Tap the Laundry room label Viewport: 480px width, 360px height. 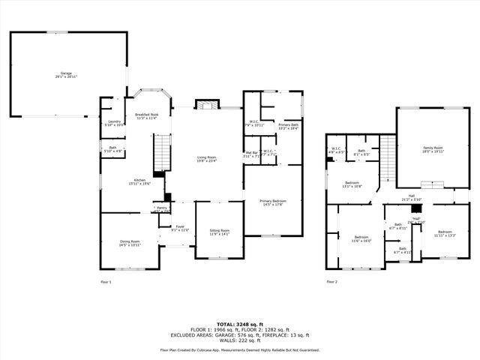tap(115, 122)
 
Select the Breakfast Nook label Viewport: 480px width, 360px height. tap(146, 116)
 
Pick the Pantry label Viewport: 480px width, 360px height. tap(161, 209)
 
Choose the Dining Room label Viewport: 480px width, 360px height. tap(130, 243)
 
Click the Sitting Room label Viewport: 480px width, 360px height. tap(219, 232)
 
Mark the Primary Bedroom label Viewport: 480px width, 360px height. tap(272, 202)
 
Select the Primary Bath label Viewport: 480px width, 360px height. tap(289, 127)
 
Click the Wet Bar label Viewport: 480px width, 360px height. tap(251, 154)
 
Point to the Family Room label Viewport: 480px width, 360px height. tap(433, 149)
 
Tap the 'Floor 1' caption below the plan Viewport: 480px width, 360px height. tap(106, 281)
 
